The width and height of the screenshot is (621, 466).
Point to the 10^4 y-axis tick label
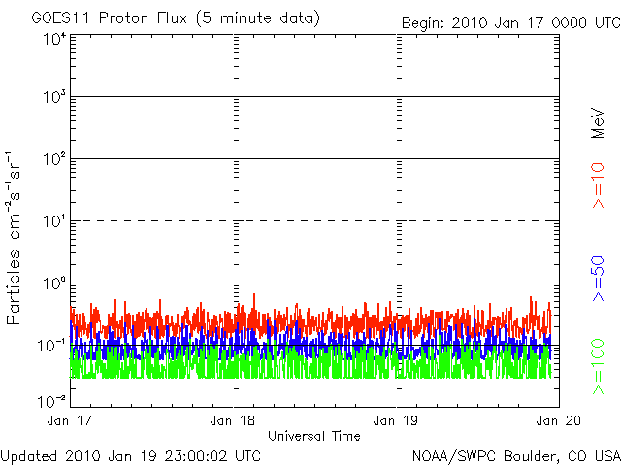pyautogui.click(x=54, y=40)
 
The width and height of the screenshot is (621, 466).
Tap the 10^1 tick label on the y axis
pyautogui.click(x=54, y=223)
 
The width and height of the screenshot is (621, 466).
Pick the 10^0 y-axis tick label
pyautogui.click(x=54, y=285)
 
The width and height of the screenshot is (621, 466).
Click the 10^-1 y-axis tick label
pyautogui.click(x=52, y=347)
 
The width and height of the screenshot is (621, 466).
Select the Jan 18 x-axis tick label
pyautogui.click(x=234, y=420)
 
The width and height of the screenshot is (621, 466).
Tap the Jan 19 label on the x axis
pyautogui.click(x=397, y=420)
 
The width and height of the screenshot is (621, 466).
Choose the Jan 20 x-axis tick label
pyautogui.click(x=555, y=420)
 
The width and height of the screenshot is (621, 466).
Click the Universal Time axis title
pyautogui.click(x=314, y=436)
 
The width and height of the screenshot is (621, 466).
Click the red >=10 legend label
pyautogui.click(x=599, y=184)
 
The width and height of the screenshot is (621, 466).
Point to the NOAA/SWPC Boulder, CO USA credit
pyautogui.click(x=515, y=455)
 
